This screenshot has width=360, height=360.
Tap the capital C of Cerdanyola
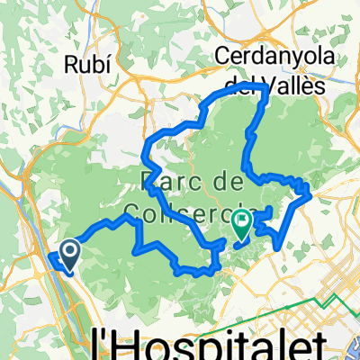click(x=222, y=57)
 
